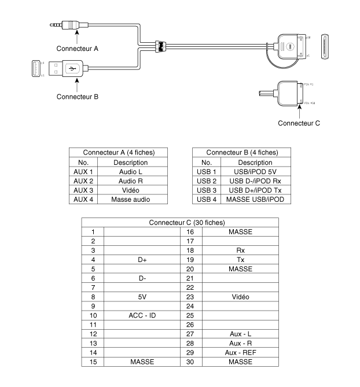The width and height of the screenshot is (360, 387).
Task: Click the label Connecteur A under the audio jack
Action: pyautogui.click(x=76, y=49)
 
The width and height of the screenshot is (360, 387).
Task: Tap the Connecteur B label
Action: pyautogui.click(x=76, y=96)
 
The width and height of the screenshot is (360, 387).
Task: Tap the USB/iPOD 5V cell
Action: pyautogui.click(x=255, y=172)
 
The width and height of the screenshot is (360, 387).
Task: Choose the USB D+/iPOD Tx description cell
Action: pyautogui.click(x=255, y=190)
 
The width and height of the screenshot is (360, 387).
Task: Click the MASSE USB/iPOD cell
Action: pyautogui.click(x=255, y=199)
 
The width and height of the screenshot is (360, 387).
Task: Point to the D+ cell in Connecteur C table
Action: pyautogui.click(x=142, y=260)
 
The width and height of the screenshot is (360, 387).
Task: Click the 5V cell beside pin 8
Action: pyautogui.click(x=142, y=296)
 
